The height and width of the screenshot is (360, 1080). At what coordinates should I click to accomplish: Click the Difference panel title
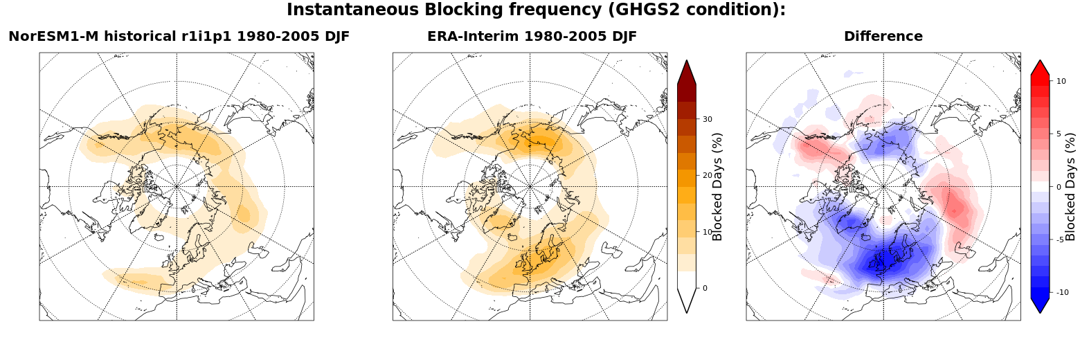click(883, 36)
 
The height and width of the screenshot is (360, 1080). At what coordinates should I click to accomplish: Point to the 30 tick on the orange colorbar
click(708, 119)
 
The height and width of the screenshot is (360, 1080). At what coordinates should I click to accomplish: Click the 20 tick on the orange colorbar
click(708, 175)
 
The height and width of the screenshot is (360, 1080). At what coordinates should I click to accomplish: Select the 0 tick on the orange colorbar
click(705, 288)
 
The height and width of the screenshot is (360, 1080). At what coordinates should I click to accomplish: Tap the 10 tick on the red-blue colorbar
click(1061, 81)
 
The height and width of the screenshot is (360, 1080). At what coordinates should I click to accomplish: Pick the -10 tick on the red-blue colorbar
click(1062, 292)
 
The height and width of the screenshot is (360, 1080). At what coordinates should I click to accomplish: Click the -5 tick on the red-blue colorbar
click(1060, 240)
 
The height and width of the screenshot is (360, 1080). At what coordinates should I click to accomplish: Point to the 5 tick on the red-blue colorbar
click(1059, 134)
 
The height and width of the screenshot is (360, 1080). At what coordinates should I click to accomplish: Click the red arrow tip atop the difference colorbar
click(1041, 60)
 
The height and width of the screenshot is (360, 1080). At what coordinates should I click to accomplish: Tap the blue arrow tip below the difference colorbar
click(1041, 313)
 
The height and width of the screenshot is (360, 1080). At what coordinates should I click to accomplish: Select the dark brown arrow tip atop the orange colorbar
click(687, 60)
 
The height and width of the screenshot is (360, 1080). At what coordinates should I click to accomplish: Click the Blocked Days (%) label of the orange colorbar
click(717, 187)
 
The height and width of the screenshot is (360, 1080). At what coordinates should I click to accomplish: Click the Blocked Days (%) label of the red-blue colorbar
click(1070, 187)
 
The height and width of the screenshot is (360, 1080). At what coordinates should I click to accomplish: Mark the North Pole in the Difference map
click(883, 186)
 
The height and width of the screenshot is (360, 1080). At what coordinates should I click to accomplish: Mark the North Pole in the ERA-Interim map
click(530, 186)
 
